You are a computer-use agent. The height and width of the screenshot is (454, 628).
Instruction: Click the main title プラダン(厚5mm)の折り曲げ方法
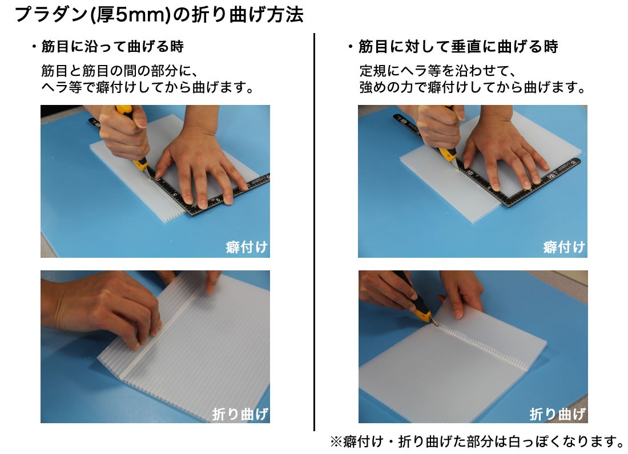coord(159,14)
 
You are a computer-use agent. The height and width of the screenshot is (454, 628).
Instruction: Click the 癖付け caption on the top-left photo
coord(246,247)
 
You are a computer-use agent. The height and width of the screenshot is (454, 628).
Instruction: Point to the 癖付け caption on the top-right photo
coord(564,247)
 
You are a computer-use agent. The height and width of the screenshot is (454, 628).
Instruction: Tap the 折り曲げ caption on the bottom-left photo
coord(240,414)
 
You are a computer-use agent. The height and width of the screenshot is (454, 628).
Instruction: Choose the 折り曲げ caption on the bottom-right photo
coord(558,414)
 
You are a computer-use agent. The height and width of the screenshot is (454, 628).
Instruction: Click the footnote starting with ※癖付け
coord(477,441)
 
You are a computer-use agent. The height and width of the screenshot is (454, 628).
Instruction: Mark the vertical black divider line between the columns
coord(315,232)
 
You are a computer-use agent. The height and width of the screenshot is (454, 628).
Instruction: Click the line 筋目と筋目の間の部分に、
coord(119,71)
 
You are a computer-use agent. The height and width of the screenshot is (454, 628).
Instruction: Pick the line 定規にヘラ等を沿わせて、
coord(437,71)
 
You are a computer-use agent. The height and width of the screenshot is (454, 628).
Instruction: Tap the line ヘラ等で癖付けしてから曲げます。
coord(148,87)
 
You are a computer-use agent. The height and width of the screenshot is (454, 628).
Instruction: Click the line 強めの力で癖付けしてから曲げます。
coord(473,87)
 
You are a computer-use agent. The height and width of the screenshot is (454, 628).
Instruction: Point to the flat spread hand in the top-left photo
coord(200,168)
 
